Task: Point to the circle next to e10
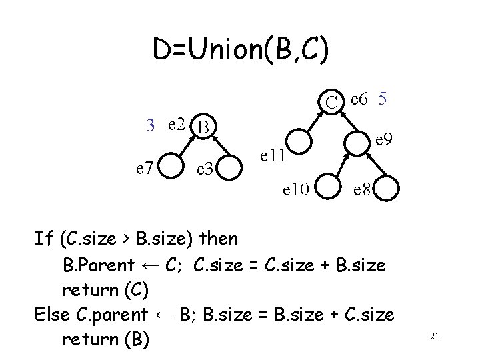(x=331, y=189)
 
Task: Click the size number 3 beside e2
(x=151, y=125)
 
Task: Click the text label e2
(x=177, y=123)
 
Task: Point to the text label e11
(x=273, y=156)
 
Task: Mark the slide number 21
(x=434, y=337)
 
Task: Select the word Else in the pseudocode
(x=56, y=314)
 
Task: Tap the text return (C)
(x=105, y=289)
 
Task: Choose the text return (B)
(x=105, y=339)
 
